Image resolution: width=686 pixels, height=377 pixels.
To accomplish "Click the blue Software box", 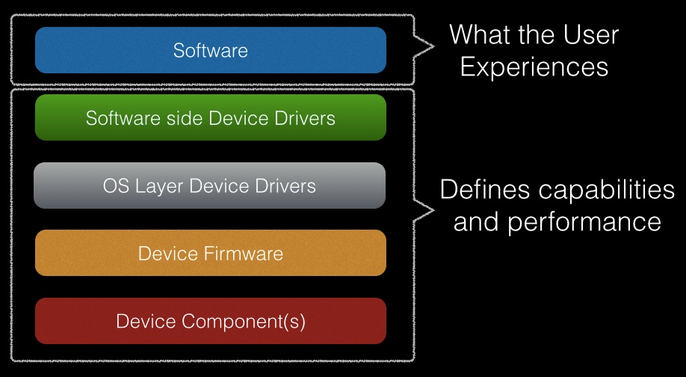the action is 211,50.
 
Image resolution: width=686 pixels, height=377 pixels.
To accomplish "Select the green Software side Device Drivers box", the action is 211,117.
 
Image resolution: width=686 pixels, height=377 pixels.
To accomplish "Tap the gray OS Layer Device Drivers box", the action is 209,186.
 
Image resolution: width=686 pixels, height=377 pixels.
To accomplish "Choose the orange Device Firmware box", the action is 211,253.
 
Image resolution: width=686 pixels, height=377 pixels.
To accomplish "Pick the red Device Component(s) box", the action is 211,320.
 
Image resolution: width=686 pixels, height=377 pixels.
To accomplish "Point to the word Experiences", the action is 534,67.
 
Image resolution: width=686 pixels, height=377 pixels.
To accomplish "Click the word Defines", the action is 484,189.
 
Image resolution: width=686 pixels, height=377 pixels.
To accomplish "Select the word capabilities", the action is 607,190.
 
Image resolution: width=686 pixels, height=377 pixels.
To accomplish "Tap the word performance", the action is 584,222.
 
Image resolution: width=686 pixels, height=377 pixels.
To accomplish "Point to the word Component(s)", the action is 244,322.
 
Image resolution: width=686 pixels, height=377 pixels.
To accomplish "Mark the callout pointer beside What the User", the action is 424,46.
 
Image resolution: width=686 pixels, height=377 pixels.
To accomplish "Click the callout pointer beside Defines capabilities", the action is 424,211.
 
